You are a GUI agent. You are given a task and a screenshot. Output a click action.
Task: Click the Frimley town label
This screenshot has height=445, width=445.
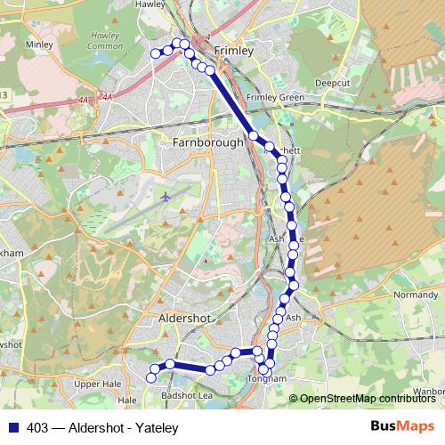235,51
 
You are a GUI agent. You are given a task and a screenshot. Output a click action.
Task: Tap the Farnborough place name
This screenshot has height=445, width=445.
208,142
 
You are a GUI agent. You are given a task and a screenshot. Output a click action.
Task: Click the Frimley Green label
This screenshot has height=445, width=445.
275,97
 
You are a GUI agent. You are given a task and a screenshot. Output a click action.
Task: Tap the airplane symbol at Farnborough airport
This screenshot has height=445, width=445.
166,195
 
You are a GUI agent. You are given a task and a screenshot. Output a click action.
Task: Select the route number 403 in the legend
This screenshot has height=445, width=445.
38,428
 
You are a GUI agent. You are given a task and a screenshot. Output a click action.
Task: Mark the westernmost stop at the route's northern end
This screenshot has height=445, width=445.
156,53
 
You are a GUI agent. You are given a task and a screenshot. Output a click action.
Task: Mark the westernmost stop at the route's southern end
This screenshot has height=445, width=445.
151,377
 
